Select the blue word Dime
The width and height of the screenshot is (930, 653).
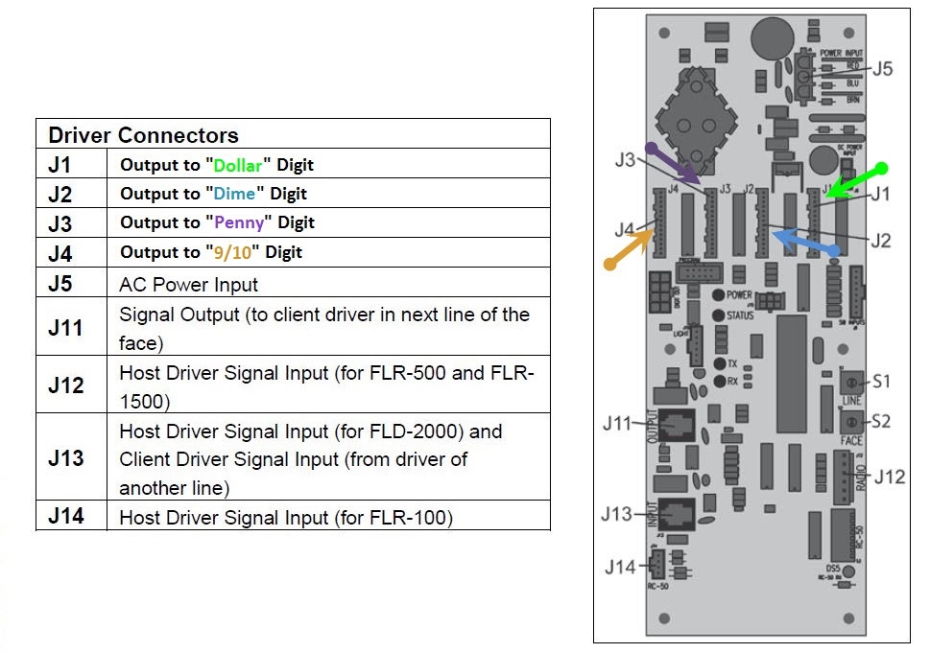[x=234, y=194]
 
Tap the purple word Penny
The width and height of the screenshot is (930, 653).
[x=236, y=222]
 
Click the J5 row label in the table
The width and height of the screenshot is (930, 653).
[x=60, y=284]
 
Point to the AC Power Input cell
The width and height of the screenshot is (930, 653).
[x=188, y=284]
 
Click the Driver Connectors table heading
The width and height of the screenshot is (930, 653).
[x=143, y=134]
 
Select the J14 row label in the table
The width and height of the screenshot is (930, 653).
[x=65, y=517]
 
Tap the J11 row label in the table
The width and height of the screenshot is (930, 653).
[x=65, y=327]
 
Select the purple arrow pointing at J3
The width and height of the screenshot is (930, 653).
[x=676, y=164]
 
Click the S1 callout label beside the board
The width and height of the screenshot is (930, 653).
[x=881, y=382]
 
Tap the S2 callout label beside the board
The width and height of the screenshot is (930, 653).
[x=881, y=421]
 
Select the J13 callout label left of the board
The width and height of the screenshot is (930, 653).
[x=618, y=514]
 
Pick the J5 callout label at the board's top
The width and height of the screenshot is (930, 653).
[x=883, y=69]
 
